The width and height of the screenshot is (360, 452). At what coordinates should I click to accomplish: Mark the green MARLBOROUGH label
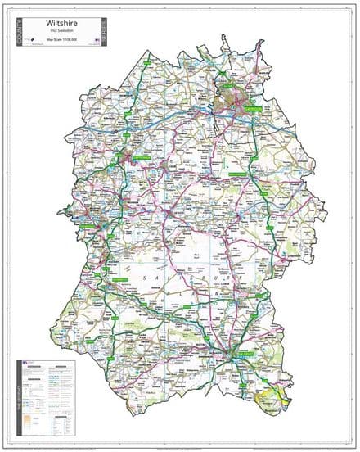point(237,174)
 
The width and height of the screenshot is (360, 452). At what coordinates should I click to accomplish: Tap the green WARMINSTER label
point(115,280)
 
